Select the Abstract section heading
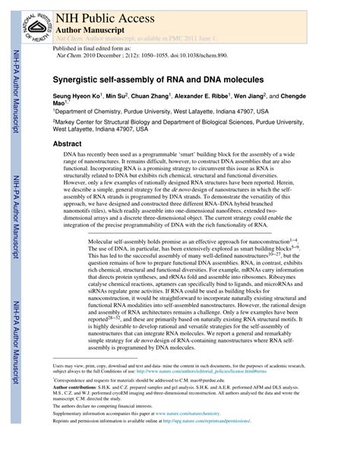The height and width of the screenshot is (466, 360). pos(67,143)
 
